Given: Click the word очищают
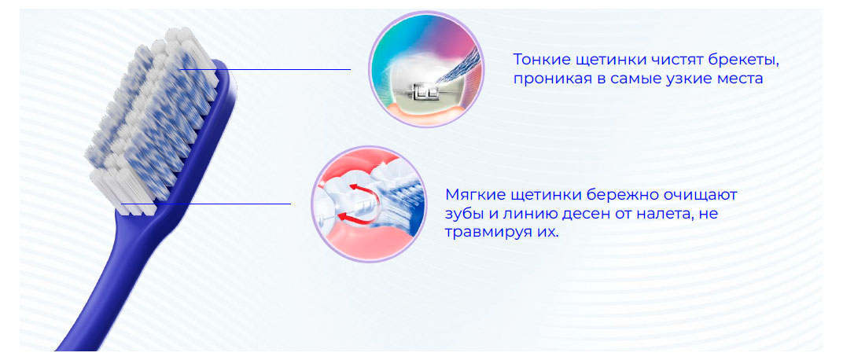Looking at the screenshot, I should point(697,194).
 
